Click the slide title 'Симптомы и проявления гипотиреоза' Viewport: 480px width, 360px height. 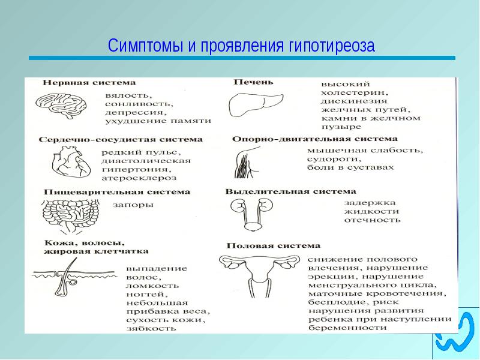pyautogui.click(x=241, y=46)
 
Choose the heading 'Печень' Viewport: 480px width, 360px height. pyautogui.click(x=253, y=82)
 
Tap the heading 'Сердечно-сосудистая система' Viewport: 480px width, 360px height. pyautogui.click(x=121, y=139)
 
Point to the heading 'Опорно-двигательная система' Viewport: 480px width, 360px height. pyautogui.click(x=314, y=139)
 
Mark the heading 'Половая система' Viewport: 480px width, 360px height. pyautogui.click(x=274, y=245)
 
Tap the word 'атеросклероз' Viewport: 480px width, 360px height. pyautogui.click(x=139, y=178)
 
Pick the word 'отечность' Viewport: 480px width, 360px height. pyautogui.click(x=372, y=220)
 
